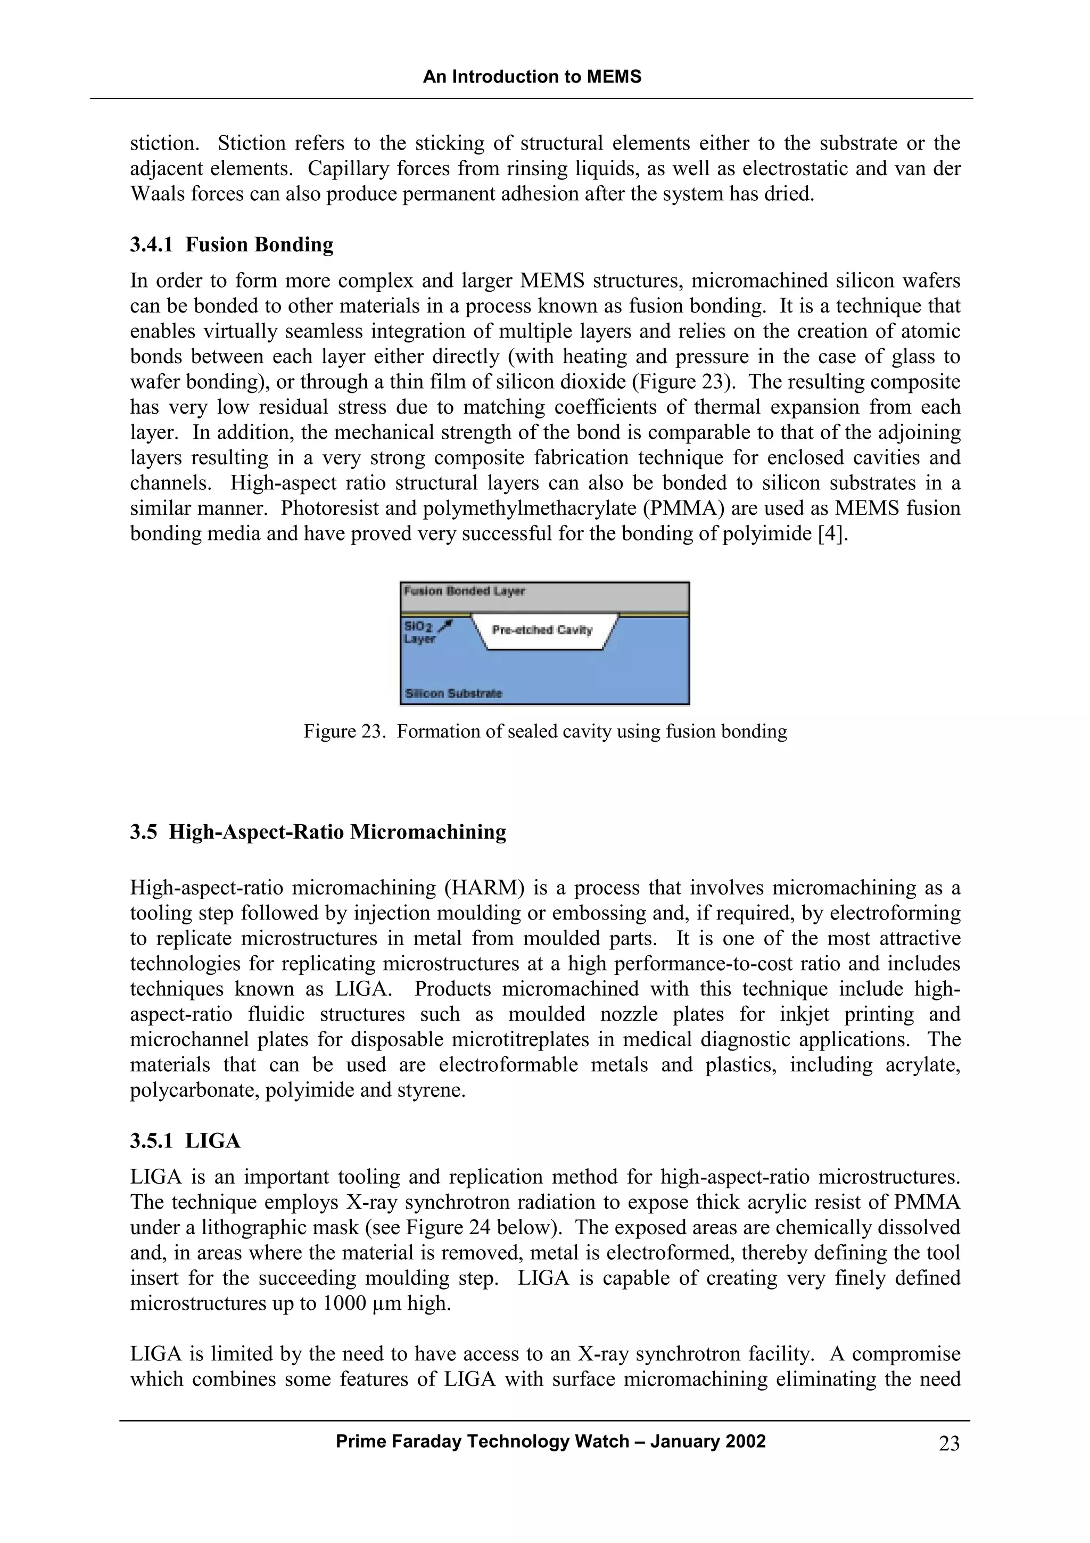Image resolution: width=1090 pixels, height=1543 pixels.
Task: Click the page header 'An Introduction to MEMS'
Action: pyautogui.click(x=532, y=77)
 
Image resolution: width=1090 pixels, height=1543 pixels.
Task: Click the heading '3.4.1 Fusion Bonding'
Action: pyautogui.click(x=232, y=244)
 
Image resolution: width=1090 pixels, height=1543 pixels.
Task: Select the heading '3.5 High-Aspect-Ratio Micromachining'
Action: pyautogui.click(x=318, y=832)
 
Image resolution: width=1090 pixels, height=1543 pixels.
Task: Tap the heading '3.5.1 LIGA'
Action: pyautogui.click(x=185, y=1141)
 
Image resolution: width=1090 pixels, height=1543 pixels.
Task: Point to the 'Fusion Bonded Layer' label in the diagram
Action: pyautogui.click(x=464, y=592)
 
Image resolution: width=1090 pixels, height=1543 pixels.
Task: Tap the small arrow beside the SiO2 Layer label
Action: pyautogui.click(x=445, y=626)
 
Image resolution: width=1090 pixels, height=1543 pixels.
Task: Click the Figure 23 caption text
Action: pyautogui.click(x=544, y=731)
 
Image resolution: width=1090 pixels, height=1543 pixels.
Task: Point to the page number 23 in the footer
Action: pyautogui.click(x=949, y=1443)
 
